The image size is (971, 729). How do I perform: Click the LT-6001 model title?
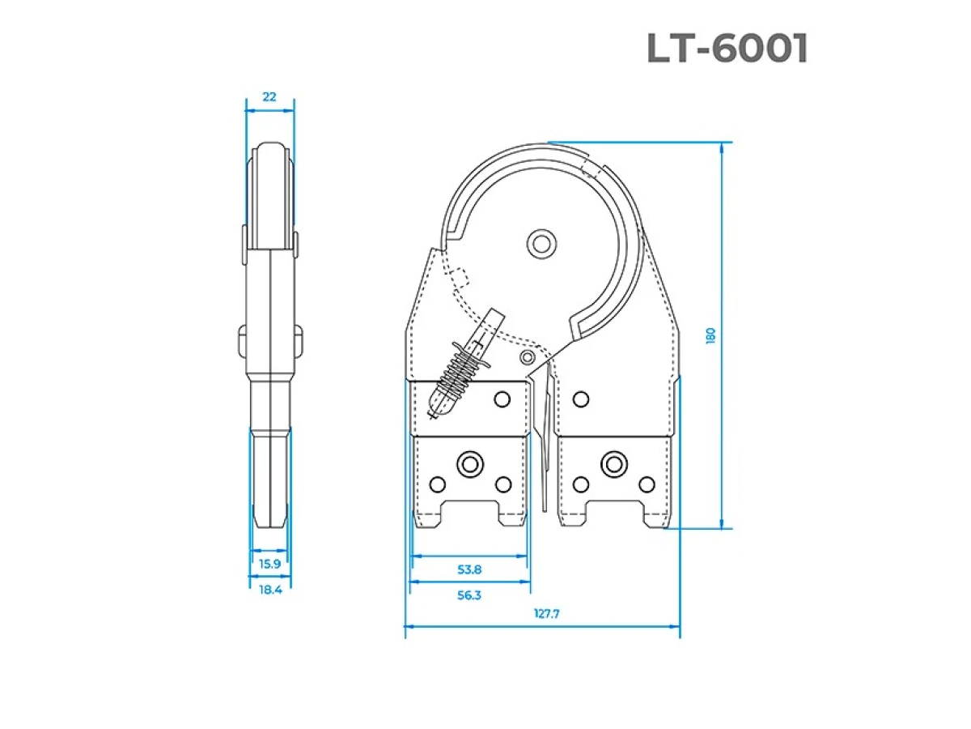(x=727, y=49)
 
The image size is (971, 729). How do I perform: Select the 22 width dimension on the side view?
(x=269, y=96)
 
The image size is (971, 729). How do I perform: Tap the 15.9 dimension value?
(x=269, y=564)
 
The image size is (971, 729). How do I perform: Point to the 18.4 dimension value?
(x=269, y=590)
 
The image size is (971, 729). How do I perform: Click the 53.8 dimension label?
(x=469, y=569)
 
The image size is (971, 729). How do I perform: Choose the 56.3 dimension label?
(x=469, y=595)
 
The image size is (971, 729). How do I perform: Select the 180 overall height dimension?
(x=711, y=335)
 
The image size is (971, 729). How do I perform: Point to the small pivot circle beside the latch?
(x=528, y=357)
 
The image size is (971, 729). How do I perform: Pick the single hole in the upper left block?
(x=502, y=398)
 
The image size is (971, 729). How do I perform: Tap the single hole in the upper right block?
(x=579, y=398)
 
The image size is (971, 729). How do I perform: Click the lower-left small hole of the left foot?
(x=437, y=484)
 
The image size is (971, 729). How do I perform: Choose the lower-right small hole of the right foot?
(x=646, y=484)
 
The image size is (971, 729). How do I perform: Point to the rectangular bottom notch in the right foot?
(x=613, y=514)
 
